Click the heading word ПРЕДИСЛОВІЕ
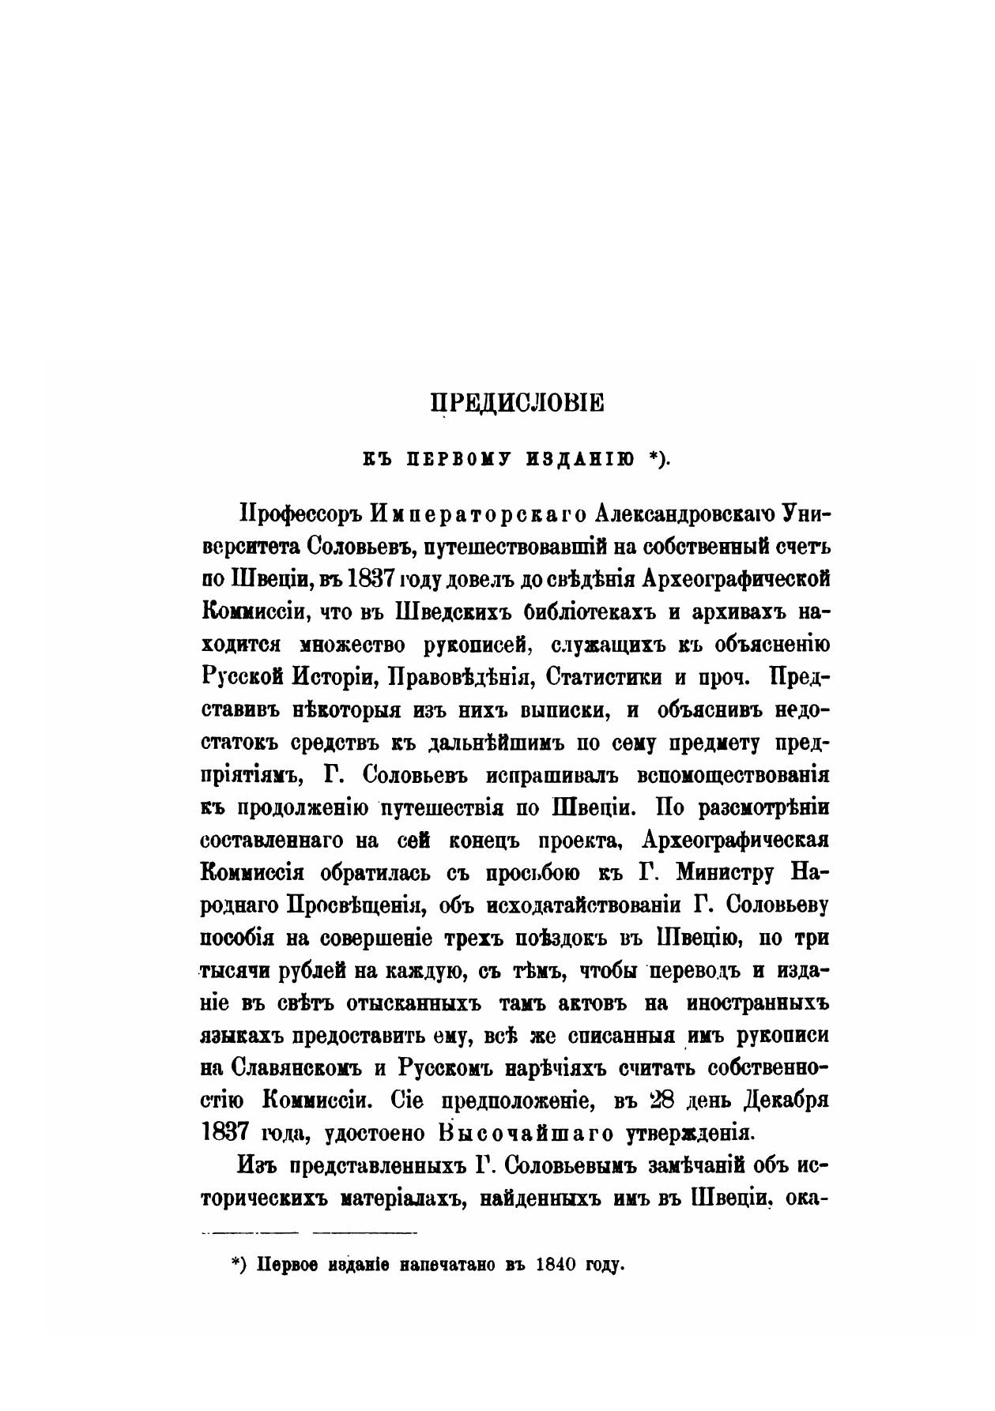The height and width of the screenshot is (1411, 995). pos(516,403)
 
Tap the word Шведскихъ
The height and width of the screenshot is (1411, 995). pos(442,611)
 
